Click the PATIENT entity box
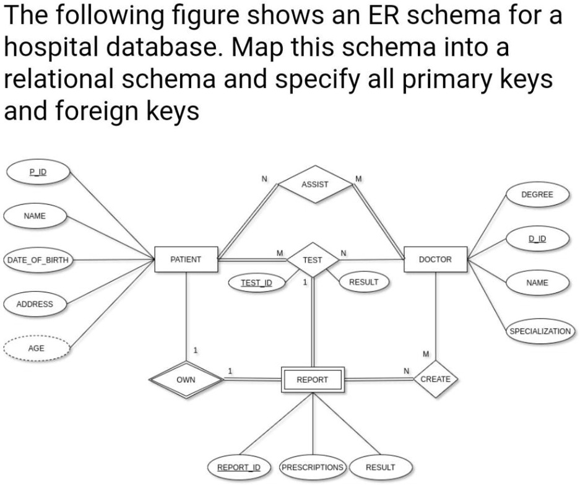point(186,260)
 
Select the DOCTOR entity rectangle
point(435,260)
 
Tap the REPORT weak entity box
point(312,379)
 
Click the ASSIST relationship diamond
point(315,184)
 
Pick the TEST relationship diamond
point(313,260)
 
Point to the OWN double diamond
point(186,379)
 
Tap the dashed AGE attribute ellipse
point(36,348)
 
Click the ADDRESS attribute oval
point(35,304)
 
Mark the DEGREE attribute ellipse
point(537,194)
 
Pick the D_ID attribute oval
point(537,238)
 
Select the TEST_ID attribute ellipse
point(257,282)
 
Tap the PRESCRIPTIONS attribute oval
point(312,466)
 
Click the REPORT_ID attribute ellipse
point(238,466)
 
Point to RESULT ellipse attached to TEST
point(363,282)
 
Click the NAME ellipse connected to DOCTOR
point(537,282)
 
